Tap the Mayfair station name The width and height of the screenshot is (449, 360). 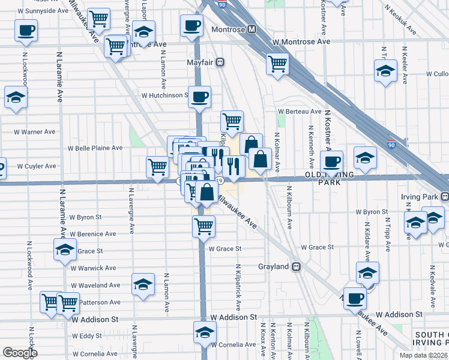pos(202,61)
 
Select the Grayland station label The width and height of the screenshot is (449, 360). pos(274,266)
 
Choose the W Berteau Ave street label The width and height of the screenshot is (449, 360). pos(299,111)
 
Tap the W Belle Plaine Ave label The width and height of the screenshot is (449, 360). pos(95,148)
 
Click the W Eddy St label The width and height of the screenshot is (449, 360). pos(86,336)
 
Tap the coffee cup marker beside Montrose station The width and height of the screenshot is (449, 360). pos(191,26)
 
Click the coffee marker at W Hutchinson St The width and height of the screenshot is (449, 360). pos(200,96)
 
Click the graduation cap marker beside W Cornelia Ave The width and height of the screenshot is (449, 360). pos(204,332)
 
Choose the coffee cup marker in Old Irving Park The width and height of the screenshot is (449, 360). pos(331,161)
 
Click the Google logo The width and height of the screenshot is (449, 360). pos(20,353)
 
